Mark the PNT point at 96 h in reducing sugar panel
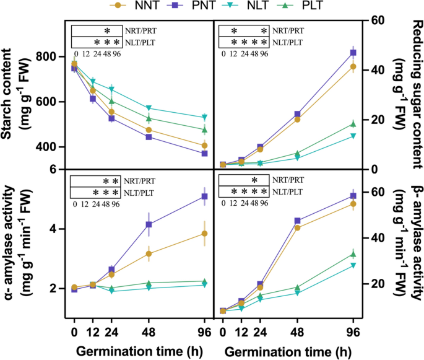(x=353, y=53)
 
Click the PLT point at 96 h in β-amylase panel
(x=353, y=254)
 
